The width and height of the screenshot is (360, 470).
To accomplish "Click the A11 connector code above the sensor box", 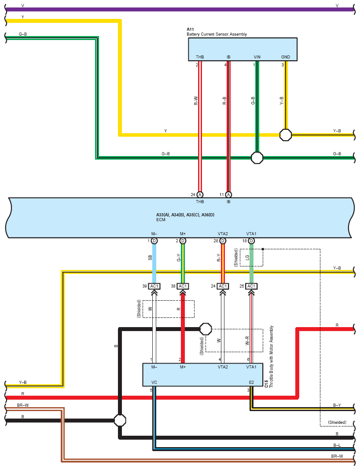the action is [x=190, y=29].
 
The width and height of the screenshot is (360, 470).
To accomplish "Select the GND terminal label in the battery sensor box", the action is [x=286, y=57].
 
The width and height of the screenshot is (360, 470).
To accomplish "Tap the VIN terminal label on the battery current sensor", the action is [x=257, y=57].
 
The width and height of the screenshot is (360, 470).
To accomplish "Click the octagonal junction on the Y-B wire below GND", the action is [x=286, y=135].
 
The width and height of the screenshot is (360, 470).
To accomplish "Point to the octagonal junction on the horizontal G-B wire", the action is [x=257, y=158].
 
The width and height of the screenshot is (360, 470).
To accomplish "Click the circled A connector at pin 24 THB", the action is [x=200, y=195].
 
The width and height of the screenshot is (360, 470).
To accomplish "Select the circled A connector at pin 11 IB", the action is [x=228, y=195].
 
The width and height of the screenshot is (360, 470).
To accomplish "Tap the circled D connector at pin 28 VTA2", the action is [x=223, y=241].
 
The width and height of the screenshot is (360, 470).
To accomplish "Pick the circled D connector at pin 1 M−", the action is [x=154, y=241].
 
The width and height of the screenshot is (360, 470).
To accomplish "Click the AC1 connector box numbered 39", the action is [x=154, y=286].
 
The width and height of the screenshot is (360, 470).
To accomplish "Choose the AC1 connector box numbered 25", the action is [x=251, y=286].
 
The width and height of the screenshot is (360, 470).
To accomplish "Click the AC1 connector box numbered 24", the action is [x=223, y=286].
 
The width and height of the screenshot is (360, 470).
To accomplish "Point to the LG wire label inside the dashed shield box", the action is [x=247, y=257].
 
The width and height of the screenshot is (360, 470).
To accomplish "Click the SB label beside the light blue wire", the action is [x=150, y=258].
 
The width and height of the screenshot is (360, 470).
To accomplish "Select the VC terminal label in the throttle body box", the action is [x=154, y=382].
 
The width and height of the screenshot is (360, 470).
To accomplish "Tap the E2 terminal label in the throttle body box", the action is [x=251, y=382].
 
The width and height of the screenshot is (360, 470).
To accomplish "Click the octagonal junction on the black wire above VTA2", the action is [x=206, y=329].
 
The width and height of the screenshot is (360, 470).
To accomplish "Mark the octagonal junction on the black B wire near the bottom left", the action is [x=120, y=420].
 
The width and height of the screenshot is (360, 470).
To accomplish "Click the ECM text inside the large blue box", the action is [x=161, y=220].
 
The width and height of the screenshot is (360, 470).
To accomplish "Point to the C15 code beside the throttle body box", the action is [x=266, y=384].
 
